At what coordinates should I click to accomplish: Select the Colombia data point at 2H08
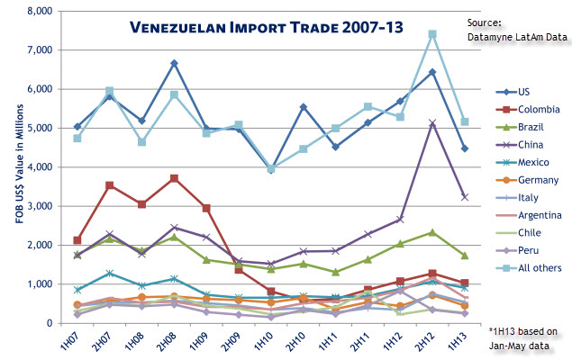(174, 178)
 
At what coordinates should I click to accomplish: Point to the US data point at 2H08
(174, 64)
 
